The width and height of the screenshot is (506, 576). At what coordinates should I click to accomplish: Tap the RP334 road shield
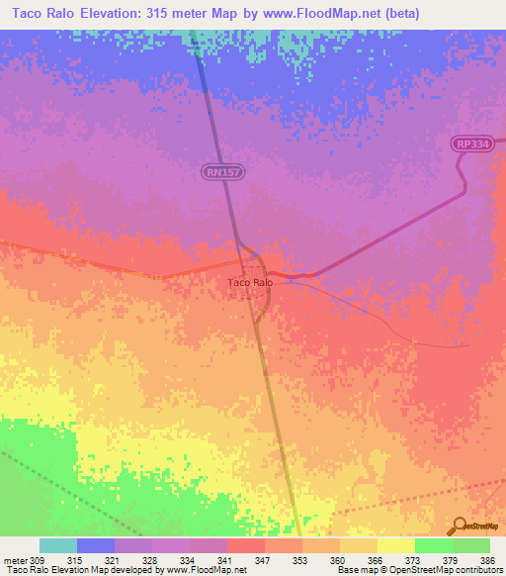point(472,144)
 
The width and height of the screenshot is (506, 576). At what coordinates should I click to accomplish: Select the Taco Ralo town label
point(250,283)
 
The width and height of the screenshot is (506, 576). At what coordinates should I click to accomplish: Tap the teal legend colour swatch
point(58,545)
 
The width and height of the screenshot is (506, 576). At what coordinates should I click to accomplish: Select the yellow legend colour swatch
point(395,545)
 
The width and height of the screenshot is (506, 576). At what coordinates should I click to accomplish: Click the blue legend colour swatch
point(96,545)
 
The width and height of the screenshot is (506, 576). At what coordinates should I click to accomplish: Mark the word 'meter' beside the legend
point(14,559)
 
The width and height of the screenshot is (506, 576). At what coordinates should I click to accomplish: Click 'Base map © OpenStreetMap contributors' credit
point(419,570)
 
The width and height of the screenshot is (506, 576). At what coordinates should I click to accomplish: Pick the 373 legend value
point(415,559)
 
